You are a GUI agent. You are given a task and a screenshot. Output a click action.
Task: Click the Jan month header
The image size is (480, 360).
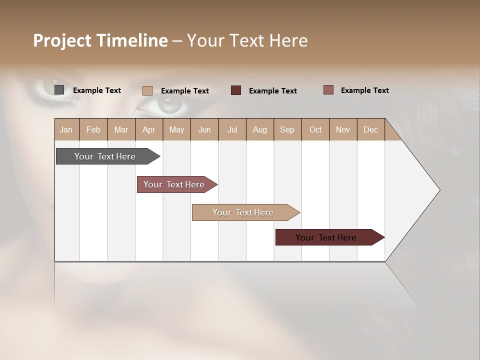tap(66, 129)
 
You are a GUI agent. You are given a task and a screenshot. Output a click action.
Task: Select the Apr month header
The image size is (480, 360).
tap(148, 129)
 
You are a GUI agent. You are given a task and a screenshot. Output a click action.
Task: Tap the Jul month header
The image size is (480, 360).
tap(232, 129)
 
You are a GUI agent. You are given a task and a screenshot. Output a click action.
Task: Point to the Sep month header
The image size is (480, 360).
tap(287, 129)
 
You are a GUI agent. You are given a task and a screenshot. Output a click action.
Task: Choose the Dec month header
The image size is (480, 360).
tap(370, 129)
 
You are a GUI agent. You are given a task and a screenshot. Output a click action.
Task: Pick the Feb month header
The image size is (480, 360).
tap(93, 129)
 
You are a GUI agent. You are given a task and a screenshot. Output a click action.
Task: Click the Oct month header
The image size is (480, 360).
tap(315, 129)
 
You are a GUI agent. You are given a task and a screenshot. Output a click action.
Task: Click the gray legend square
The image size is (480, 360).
tap(59, 90)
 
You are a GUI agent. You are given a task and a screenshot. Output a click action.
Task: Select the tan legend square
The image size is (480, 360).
tap(147, 90)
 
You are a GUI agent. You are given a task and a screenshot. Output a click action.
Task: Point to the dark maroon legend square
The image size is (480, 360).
tap(236, 90)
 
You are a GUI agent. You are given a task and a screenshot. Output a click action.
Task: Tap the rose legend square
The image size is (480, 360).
tap(328, 90)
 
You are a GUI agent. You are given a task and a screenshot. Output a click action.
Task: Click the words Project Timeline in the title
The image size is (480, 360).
tap(100, 40)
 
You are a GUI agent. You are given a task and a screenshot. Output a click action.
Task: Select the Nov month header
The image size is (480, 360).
tap(343, 129)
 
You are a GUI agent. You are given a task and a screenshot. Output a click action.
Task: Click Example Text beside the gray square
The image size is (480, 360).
tap(97, 90)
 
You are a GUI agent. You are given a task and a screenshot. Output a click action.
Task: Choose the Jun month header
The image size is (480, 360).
tap(204, 129)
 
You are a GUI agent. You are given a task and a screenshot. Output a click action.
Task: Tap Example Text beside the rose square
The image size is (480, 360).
tap(365, 90)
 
